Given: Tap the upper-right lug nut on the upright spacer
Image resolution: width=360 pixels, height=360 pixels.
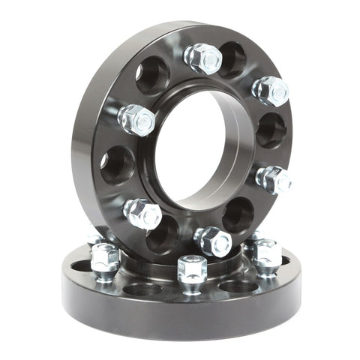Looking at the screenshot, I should (270, 90).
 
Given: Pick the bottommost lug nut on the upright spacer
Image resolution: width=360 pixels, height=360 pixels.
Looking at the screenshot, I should (212, 241).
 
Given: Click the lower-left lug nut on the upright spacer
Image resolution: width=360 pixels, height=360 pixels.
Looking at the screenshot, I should (142, 213).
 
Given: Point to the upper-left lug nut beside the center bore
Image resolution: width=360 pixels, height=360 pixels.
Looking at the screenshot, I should (136, 119).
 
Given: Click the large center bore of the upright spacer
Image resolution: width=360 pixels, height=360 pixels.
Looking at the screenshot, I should (196, 150).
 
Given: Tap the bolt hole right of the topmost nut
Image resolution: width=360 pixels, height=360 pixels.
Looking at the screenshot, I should (232, 59).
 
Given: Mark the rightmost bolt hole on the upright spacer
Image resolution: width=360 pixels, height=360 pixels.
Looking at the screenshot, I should (271, 130).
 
